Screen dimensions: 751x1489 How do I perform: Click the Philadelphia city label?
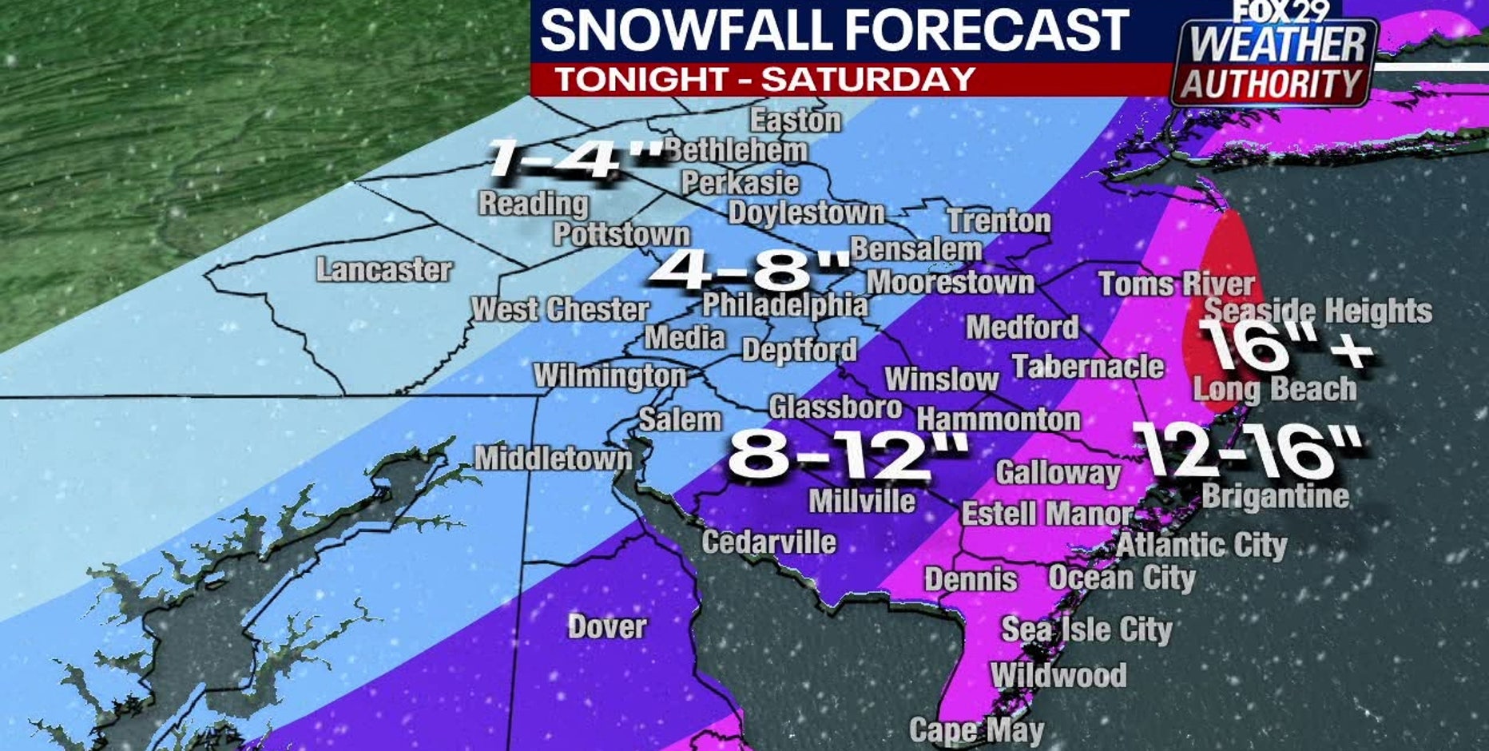coord(784,304)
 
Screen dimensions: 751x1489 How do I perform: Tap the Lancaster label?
coord(384,270)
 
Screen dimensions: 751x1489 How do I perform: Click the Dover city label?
coord(607,627)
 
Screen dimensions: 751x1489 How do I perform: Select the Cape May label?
coord(976,729)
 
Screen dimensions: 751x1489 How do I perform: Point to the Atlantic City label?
coord(1201,546)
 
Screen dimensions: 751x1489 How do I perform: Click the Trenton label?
coord(999,221)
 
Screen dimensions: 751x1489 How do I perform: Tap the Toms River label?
coord(1176,284)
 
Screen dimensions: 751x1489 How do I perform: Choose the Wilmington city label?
coord(609,375)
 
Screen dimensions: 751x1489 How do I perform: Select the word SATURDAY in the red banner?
coord(868,79)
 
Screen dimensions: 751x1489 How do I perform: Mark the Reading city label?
coord(534,204)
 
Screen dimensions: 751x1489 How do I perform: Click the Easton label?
coord(796,121)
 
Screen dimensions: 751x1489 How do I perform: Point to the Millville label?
coord(862,502)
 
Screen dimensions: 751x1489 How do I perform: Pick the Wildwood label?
coord(1058,676)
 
